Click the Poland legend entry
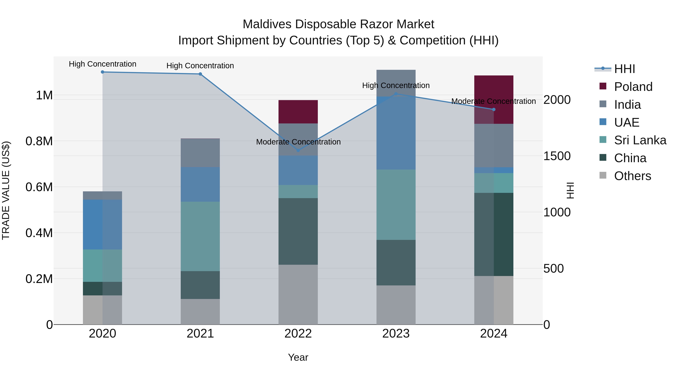coord(633,87)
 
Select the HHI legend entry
coord(624,69)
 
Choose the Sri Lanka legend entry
coord(640,140)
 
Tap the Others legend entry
coord(632,176)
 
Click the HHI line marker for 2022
coord(298,150)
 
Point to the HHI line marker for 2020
coord(102,72)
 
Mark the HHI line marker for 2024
coord(494,109)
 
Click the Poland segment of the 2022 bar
coord(298,112)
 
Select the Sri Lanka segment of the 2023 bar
coord(396,205)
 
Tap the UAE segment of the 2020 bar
coord(102,224)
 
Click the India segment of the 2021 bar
coord(200,153)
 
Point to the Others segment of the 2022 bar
coord(298,294)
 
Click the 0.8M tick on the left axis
coord(39,141)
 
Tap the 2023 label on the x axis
coord(396,334)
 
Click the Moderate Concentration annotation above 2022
coord(298,142)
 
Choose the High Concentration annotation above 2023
coord(396,85)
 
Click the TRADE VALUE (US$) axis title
coord(6,190)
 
